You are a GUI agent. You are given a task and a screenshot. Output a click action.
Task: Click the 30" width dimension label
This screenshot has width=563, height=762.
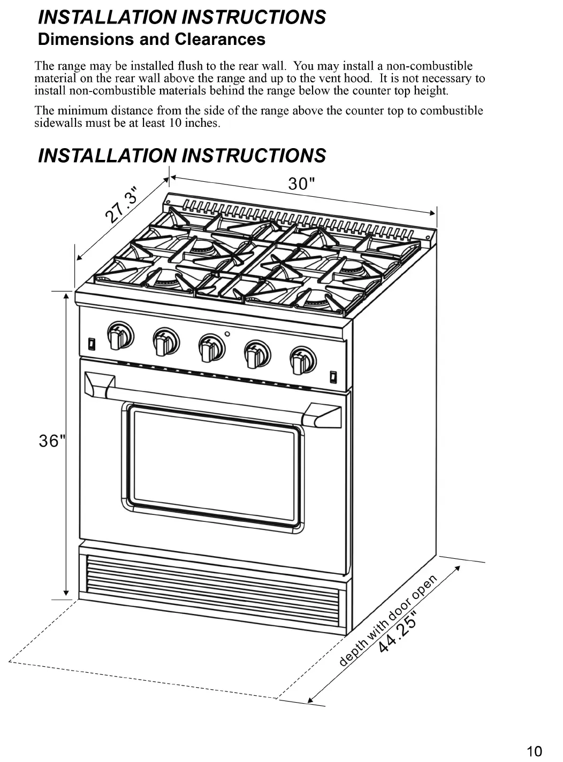coord(301,184)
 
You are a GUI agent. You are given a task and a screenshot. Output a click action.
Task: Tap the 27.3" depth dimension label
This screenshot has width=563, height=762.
coord(122,205)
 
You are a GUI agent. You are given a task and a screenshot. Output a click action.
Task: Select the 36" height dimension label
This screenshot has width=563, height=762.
coord(52,441)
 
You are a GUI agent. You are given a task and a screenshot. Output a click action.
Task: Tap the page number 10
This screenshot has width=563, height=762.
coord(534,751)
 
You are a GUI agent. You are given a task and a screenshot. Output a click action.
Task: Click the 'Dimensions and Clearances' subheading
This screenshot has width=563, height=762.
coord(151,40)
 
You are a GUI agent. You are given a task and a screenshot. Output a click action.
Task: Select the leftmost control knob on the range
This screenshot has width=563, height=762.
coord(120,336)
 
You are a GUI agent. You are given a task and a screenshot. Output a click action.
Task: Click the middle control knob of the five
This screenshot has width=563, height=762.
coord(211,347)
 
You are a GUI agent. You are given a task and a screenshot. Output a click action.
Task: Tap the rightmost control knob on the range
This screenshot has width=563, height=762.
coord(302,359)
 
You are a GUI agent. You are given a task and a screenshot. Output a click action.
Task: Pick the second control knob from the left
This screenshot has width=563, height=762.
coord(165,341)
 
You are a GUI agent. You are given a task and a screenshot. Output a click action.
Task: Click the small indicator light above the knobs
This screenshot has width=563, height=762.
coord(227,334)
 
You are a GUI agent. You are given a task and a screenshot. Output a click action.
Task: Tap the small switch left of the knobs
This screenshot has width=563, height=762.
coord(92,343)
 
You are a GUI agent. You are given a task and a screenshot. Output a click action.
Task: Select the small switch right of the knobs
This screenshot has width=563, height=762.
coord(333,377)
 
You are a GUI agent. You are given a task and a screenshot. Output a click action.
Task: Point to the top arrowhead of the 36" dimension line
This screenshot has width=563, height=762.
coord(66,295)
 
